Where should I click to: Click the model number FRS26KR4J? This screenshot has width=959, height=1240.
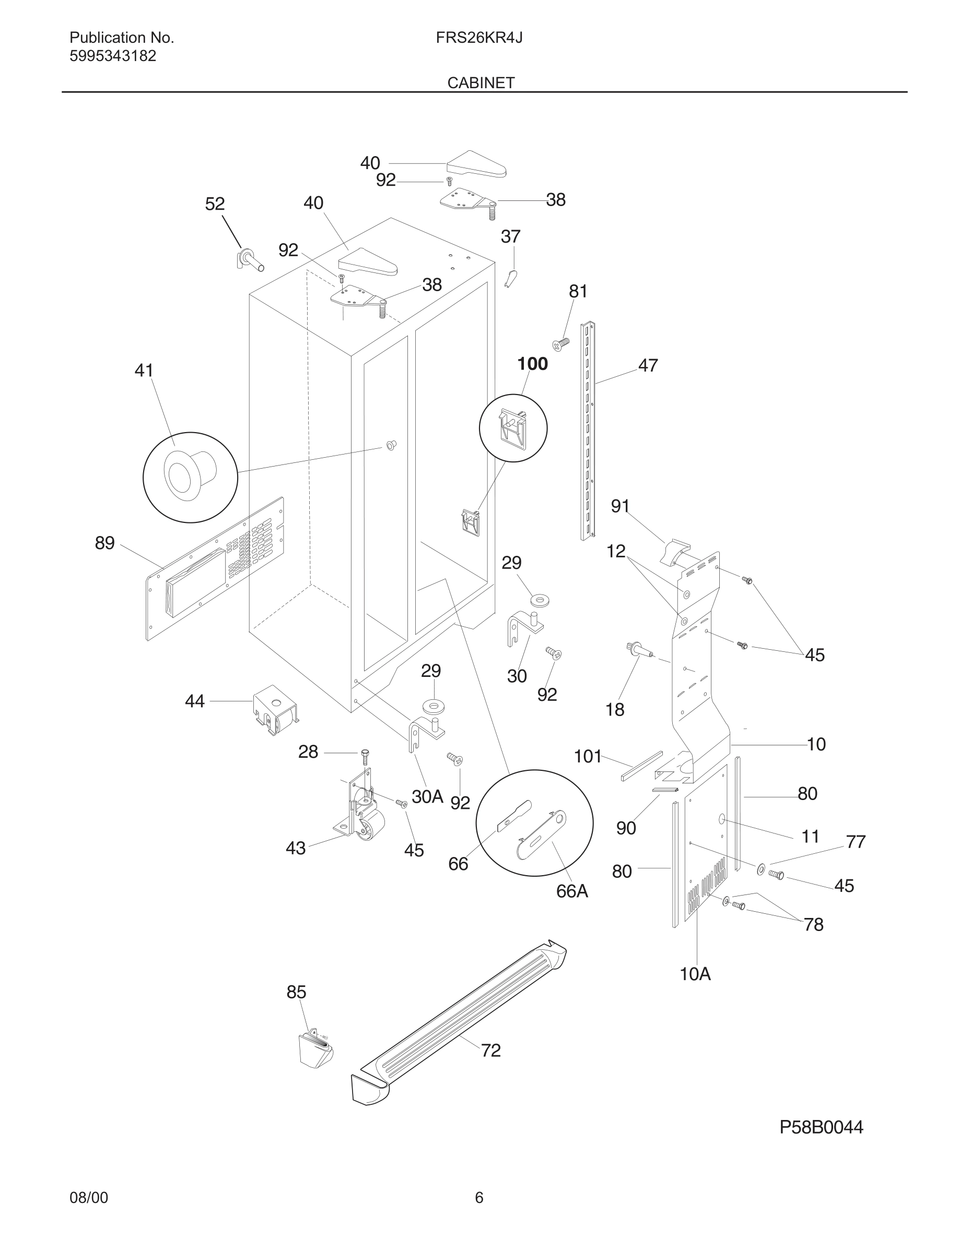pyautogui.click(x=479, y=38)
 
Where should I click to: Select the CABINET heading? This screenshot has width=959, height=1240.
pyautogui.click(x=481, y=83)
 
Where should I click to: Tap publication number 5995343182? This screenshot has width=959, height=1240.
pyautogui.click(x=112, y=56)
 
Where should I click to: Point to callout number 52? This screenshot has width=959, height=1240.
pyautogui.click(x=215, y=204)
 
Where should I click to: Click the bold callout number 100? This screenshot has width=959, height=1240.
pyautogui.click(x=532, y=364)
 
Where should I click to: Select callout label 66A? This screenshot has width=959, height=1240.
pyautogui.click(x=571, y=891)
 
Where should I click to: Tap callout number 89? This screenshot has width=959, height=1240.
pyautogui.click(x=104, y=543)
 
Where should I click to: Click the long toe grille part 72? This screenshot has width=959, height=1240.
pyautogui.click(x=460, y=1022)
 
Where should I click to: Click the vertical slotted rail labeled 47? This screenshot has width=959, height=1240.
pyautogui.click(x=588, y=432)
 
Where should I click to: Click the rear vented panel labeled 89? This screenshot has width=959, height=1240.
pyautogui.click(x=216, y=568)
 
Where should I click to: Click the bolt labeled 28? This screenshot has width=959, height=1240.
pyautogui.click(x=365, y=757)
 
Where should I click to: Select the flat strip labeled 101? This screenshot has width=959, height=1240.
pyautogui.click(x=641, y=766)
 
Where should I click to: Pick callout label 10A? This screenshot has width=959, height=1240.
pyautogui.click(x=695, y=974)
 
